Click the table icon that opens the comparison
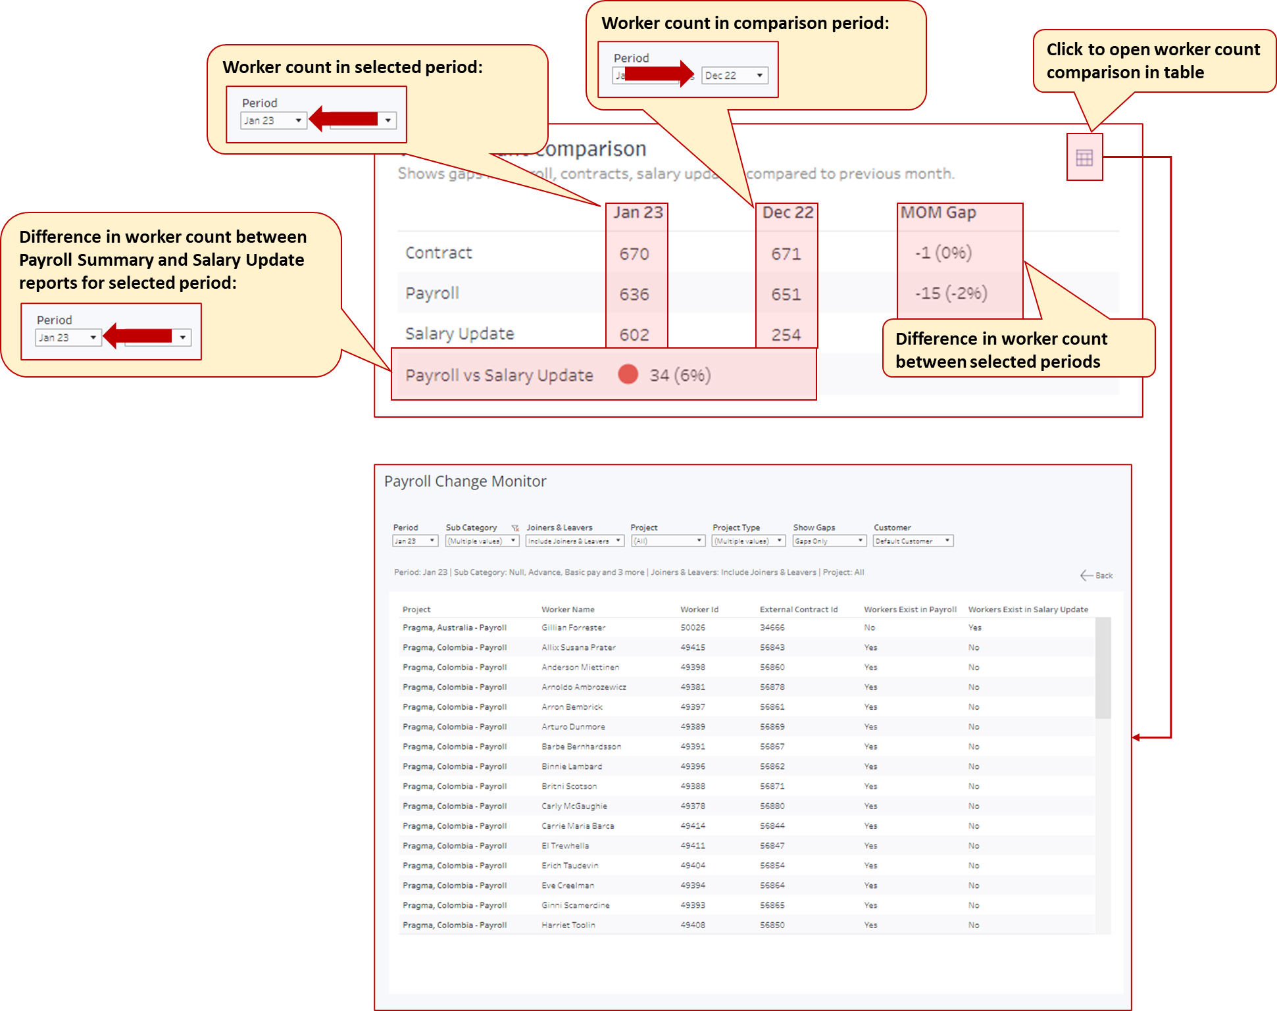(1084, 158)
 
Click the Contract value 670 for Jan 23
(634, 254)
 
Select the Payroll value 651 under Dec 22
(786, 295)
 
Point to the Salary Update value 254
(786, 335)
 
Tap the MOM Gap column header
(938, 213)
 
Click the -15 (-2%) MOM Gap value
(951, 293)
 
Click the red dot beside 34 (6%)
(628, 374)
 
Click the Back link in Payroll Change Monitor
(1097, 576)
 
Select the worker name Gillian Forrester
(573, 628)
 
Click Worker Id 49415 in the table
(693, 647)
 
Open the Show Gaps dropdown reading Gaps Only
(828, 541)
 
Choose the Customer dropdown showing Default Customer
(913, 541)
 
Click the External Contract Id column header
(799, 610)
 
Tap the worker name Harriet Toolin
(568, 925)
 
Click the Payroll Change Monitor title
(465, 481)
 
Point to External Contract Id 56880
(772, 806)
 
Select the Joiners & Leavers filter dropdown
(574, 541)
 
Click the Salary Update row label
(459, 334)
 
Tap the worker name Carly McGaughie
(574, 806)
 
